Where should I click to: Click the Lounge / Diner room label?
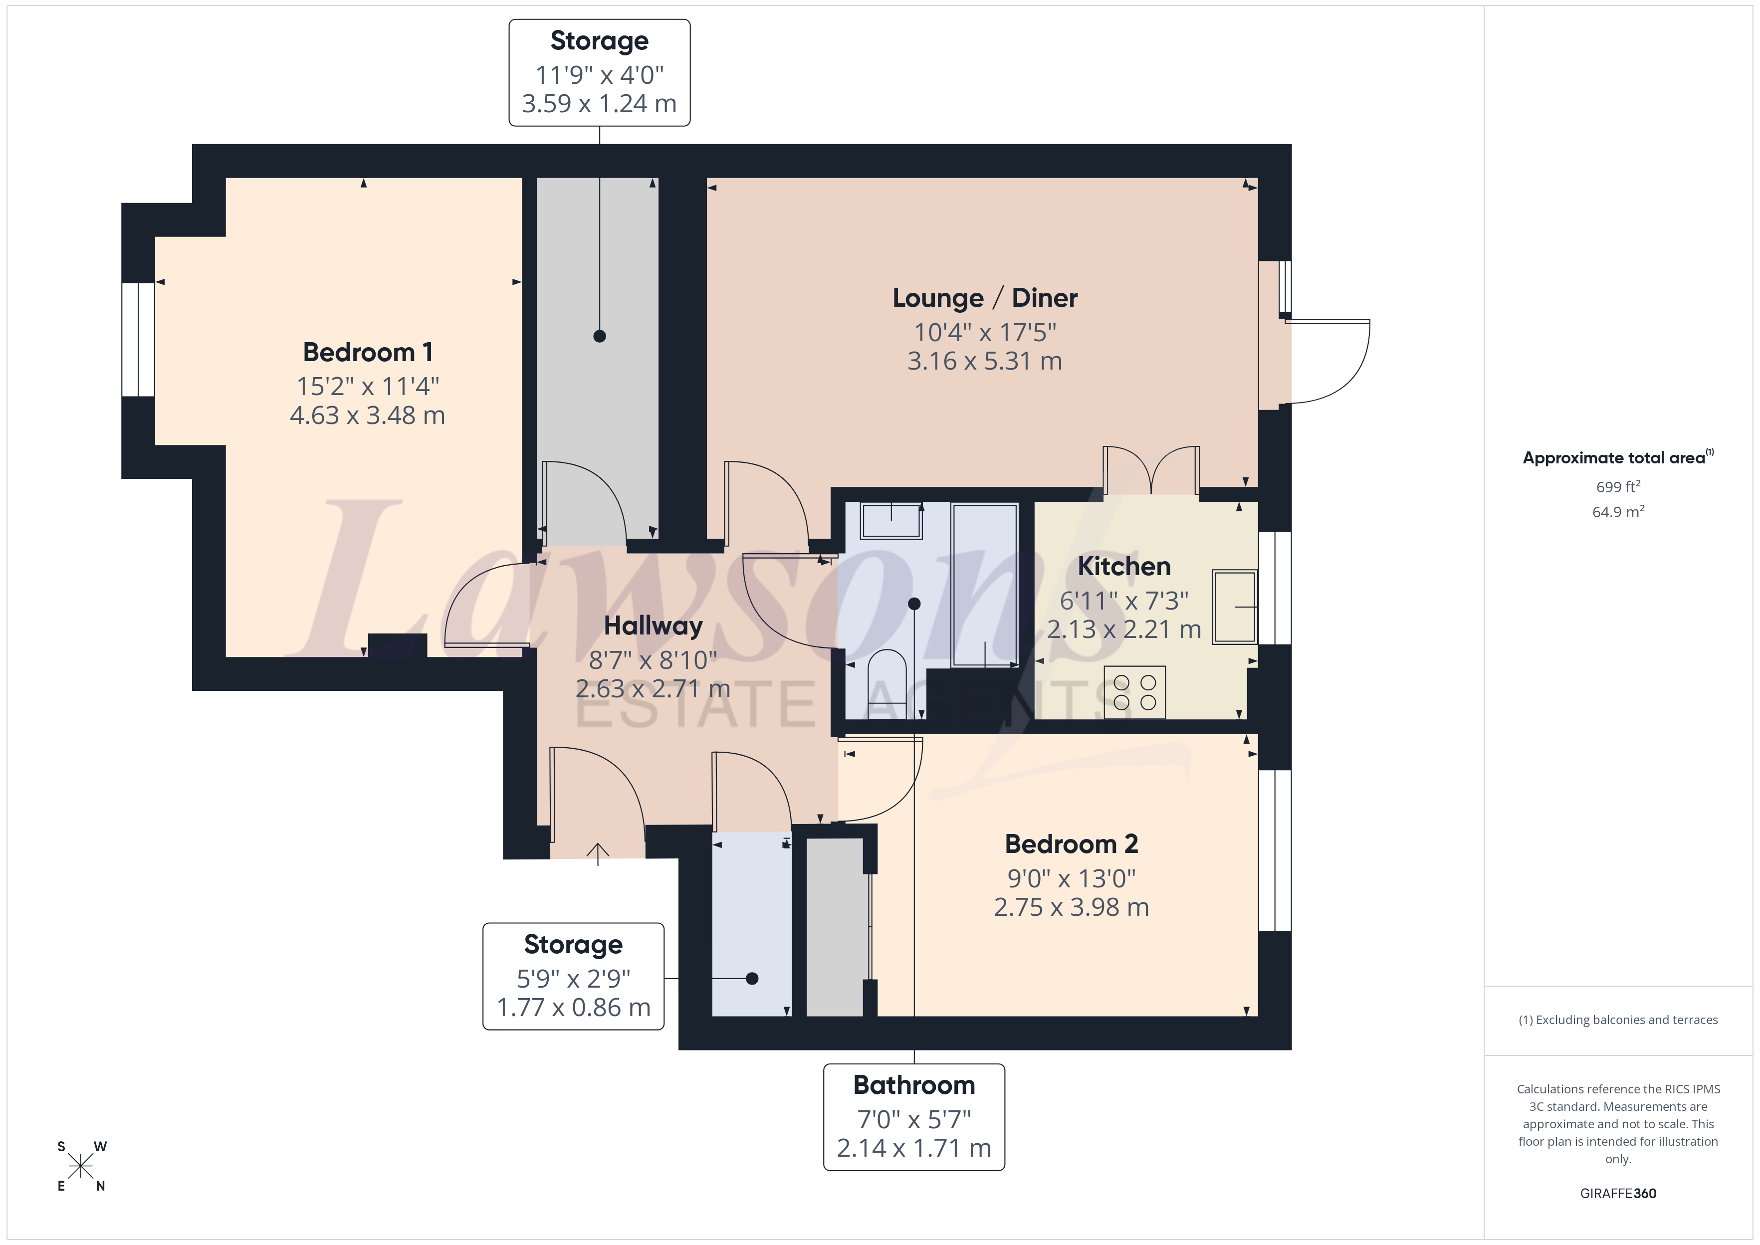[x=985, y=298]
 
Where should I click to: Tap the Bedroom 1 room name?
[x=368, y=353]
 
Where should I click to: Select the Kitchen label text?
[x=1124, y=567]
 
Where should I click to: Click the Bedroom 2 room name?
[x=1071, y=844]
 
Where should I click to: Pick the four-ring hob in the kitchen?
[x=1134, y=692]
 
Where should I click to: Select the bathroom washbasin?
[x=891, y=521]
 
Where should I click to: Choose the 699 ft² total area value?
[x=1618, y=487]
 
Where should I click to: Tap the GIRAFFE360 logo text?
[x=1618, y=1194]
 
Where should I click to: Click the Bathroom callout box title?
[x=914, y=1085]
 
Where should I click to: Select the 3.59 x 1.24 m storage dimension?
[x=600, y=103]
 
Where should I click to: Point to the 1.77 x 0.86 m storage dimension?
[x=573, y=1008]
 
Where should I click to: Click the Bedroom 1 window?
[x=139, y=340]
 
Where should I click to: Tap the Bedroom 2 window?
[x=1275, y=850]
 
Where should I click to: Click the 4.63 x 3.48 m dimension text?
[x=368, y=415]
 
